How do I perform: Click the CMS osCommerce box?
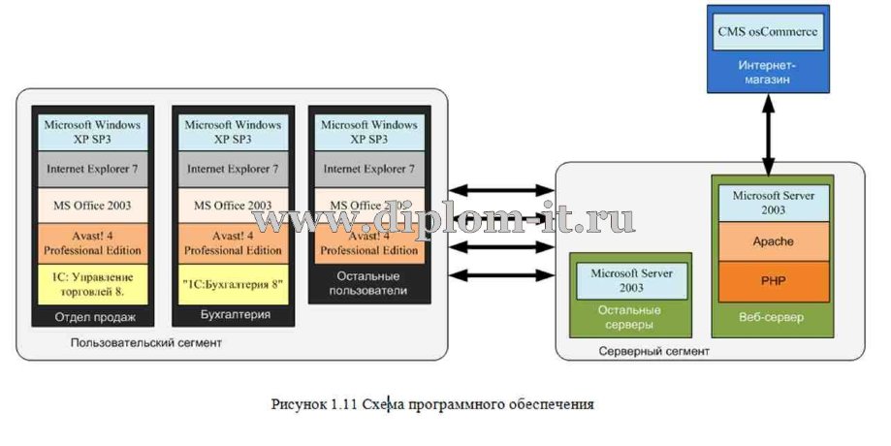click(768, 32)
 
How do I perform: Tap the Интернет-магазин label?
click(768, 72)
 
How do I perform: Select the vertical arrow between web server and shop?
click(768, 135)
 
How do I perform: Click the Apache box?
click(772, 240)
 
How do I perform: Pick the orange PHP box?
click(772, 280)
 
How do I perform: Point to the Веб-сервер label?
click(772, 317)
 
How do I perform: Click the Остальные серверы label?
click(630, 316)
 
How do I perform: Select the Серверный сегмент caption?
click(653, 350)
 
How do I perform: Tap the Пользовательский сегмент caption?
click(145, 342)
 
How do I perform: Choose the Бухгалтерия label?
click(234, 315)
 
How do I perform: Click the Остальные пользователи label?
click(368, 283)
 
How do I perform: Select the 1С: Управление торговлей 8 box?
click(95, 284)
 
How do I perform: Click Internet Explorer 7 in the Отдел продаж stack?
click(95, 169)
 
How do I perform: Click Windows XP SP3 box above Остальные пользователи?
click(368, 131)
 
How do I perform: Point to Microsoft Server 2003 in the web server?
click(772, 202)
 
